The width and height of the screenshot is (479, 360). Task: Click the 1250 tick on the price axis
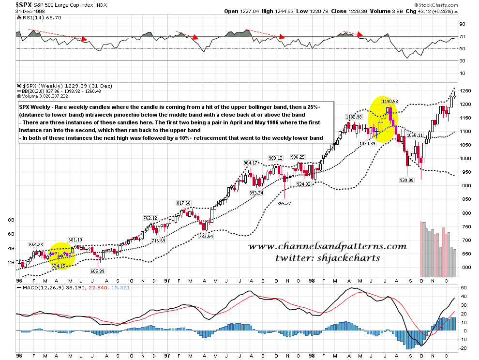tap(465, 91)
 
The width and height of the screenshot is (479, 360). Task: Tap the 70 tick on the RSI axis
tap(463, 36)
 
